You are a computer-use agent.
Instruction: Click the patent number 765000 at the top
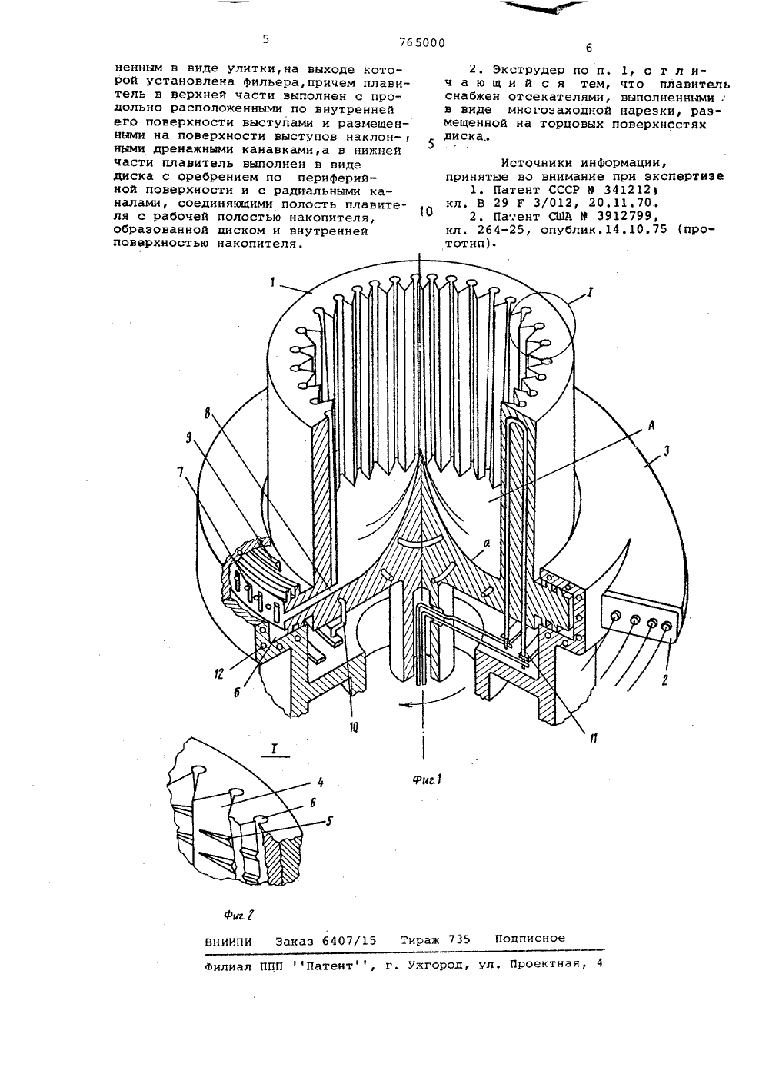(421, 43)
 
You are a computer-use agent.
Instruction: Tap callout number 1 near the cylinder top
(273, 282)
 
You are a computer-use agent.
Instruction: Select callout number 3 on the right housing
(667, 451)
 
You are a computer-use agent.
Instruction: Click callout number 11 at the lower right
(592, 738)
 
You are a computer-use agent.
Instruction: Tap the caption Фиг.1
(426, 780)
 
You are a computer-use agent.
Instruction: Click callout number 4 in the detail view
(321, 783)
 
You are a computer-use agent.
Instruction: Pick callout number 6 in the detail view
(313, 803)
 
